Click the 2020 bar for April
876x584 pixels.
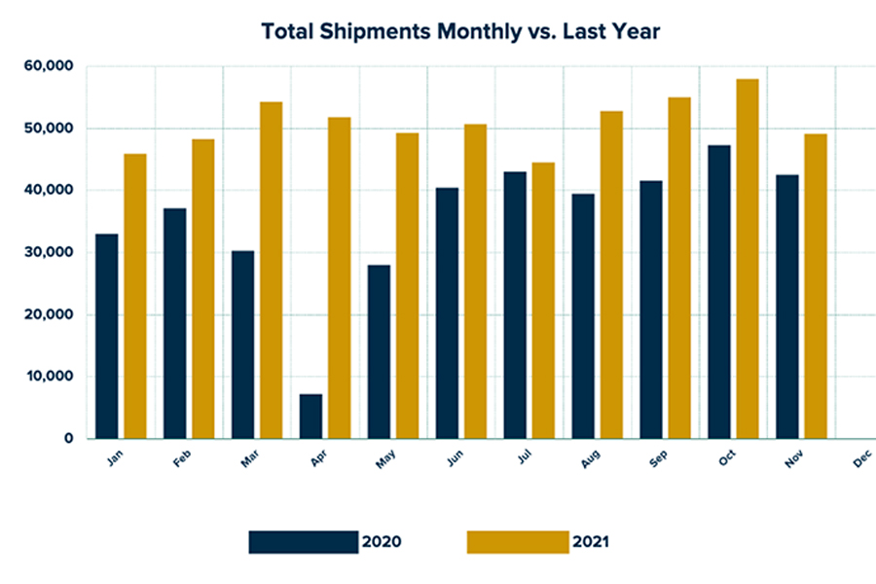tap(310, 417)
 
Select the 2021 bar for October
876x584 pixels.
tap(748, 259)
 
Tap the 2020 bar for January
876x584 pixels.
tap(107, 337)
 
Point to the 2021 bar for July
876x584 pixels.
tap(543, 301)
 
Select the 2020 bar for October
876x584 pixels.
tap(719, 292)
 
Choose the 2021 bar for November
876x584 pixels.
tap(816, 286)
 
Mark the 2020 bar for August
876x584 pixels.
tap(583, 316)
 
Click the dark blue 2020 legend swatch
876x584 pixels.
tap(303, 542)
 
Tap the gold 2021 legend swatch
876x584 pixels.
tap(517, 542)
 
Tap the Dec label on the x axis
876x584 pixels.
tap(862, 463)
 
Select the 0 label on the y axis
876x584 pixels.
tap(69, 439)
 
